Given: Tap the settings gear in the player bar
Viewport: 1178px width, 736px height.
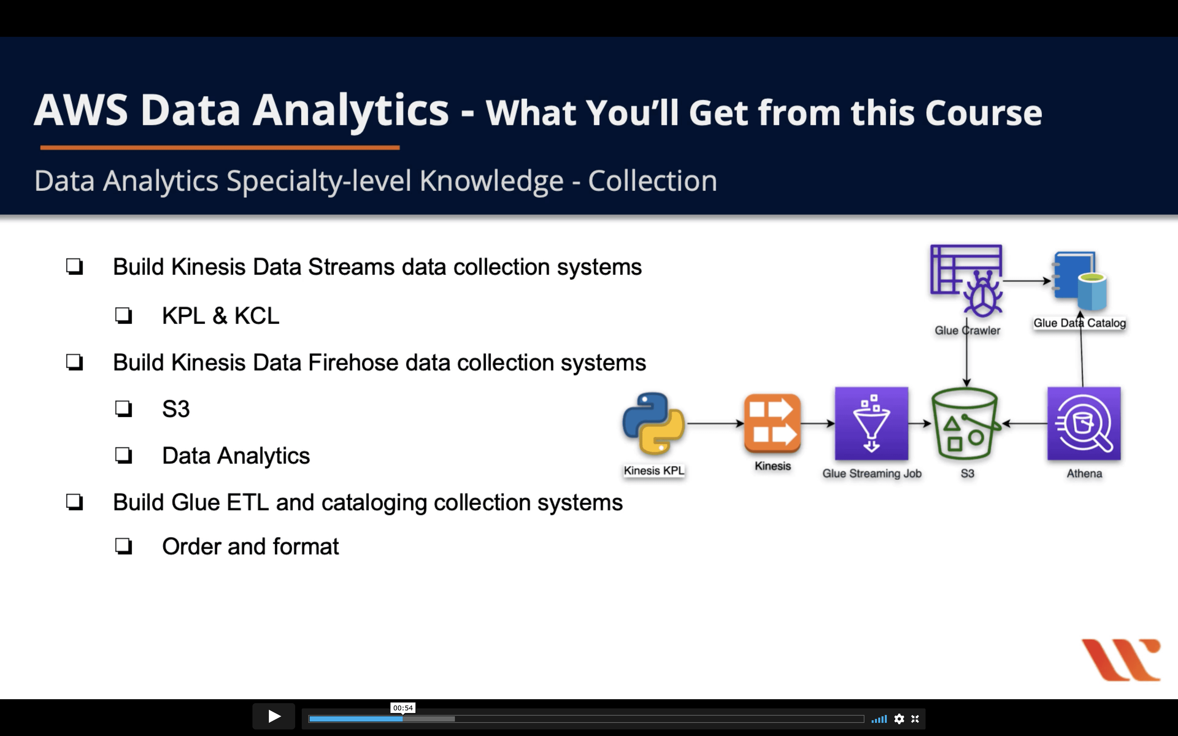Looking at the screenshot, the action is pos(899,719).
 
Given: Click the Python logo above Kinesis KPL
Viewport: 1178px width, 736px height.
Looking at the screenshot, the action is pos(654,423).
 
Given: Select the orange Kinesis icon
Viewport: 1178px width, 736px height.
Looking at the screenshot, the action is pos(772,423).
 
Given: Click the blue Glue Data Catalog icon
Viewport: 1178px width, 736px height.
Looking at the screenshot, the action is pos(1080,281).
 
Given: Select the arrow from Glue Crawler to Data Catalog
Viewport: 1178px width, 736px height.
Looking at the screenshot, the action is pos(1026,281).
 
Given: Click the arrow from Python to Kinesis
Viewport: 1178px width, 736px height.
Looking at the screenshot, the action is pos(715,424).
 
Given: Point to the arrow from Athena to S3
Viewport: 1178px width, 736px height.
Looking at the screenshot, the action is pos(1025,424).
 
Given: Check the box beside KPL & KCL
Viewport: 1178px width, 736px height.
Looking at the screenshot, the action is pos(124,315).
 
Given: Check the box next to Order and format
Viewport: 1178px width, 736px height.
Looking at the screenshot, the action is pos(124,546).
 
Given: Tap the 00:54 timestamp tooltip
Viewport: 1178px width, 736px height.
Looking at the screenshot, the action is pos(403,708).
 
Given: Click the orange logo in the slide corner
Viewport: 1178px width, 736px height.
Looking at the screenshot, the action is pos(1121,659).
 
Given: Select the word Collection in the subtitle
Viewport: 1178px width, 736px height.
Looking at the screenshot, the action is pos(653,181).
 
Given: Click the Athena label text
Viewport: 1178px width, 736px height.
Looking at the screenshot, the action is pos(1084,473).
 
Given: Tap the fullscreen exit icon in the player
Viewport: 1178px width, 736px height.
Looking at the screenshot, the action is pos(915,719).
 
